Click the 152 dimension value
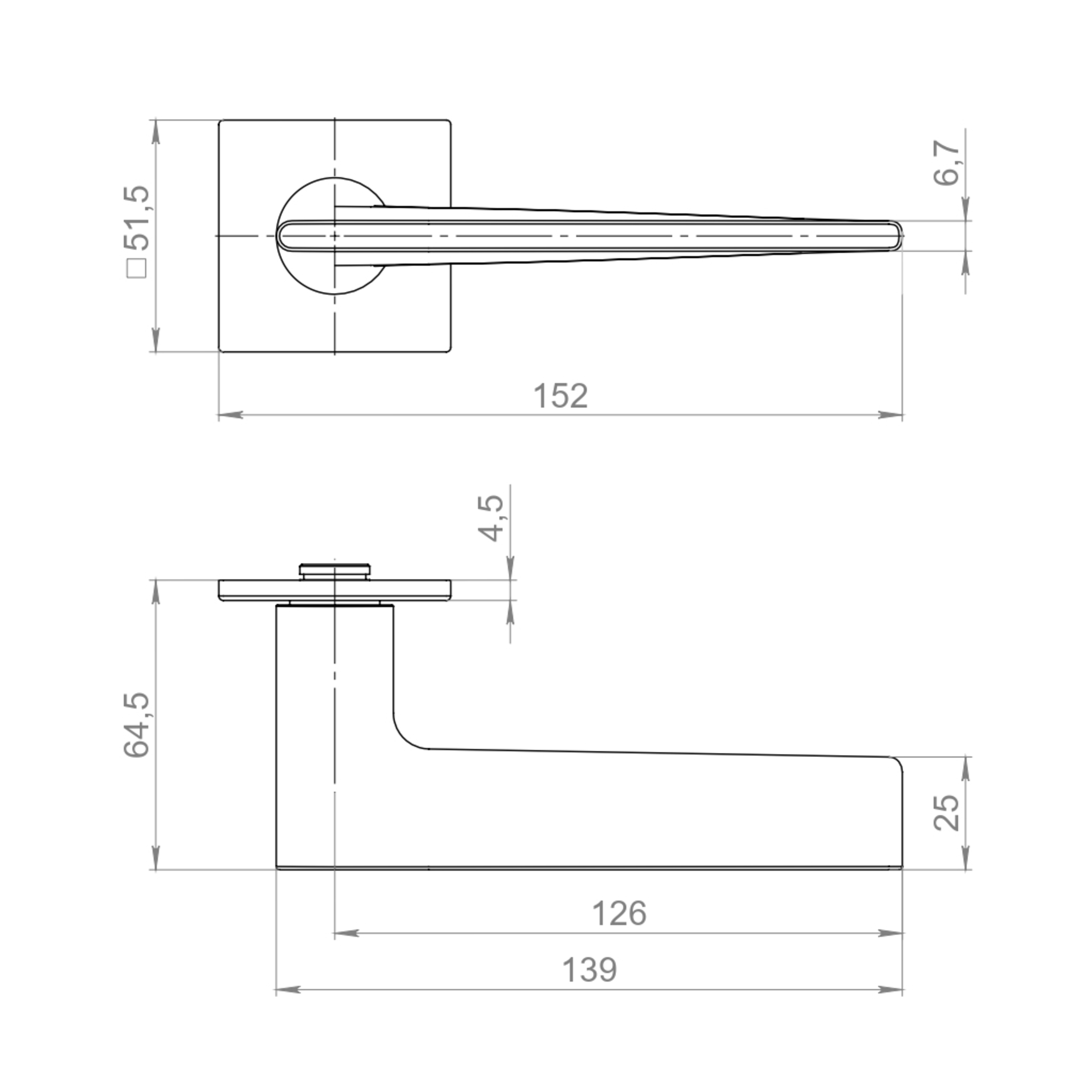(x=560, y=396)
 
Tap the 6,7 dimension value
(x=946, y=163)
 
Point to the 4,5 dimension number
(x=490, y=517)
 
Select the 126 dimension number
(x=618, y=913)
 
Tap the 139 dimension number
(x=590, y=970)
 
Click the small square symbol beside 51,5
(x=137, y=269)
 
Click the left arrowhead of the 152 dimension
(x=231, y=414)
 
